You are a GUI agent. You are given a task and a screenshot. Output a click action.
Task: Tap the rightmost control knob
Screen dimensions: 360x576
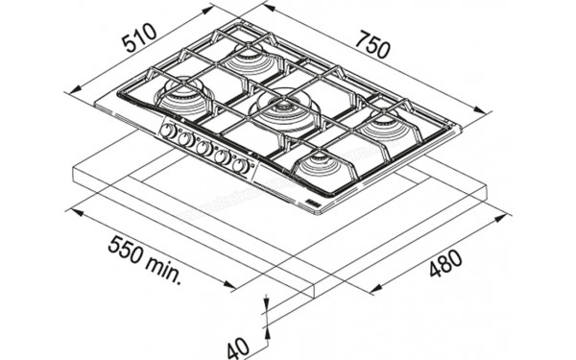(x=241, y=165)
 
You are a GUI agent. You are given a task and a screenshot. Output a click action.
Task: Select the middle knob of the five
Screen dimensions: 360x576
(x=204, y=148)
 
